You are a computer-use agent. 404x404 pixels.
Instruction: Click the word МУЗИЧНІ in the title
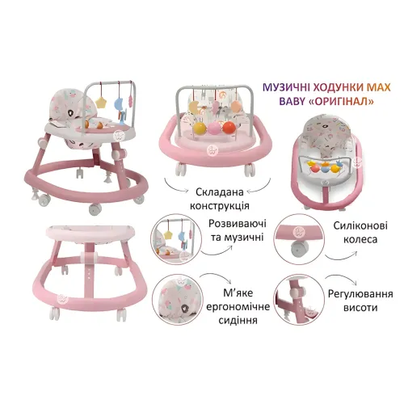[x=285, y=87]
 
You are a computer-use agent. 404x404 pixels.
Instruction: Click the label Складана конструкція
[x=220, y=199]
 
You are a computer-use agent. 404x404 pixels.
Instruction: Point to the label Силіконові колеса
[x=360, y=232]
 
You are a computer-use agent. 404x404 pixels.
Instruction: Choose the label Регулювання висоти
[x=360, y=301]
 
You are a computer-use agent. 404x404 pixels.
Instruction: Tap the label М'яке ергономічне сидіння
[x=238, y=306]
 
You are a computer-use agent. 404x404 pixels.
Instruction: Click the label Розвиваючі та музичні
[x=238, y=230]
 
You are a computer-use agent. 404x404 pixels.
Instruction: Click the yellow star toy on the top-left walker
[x=101, y=102]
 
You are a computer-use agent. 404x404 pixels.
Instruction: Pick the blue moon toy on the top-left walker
[x=119, y=103]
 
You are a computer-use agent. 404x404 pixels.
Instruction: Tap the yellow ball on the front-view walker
[x=200, y=128]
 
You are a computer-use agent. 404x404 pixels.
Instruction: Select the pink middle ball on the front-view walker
[x=215, y=128]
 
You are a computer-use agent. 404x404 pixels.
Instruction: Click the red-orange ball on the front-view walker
[x=229, y=128]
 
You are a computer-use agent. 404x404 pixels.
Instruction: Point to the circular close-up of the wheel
[x=299, y=239]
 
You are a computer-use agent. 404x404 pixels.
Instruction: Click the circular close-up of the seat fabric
[x=178, y=301]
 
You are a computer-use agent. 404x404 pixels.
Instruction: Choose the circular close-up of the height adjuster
[x=299, y=300]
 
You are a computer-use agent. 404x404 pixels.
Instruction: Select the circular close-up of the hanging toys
[x=176, y=239]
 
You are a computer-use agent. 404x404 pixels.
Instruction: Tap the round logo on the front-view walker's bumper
[x=212, y=150]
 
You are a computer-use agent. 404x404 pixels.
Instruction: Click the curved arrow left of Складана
[x=176, y=186]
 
